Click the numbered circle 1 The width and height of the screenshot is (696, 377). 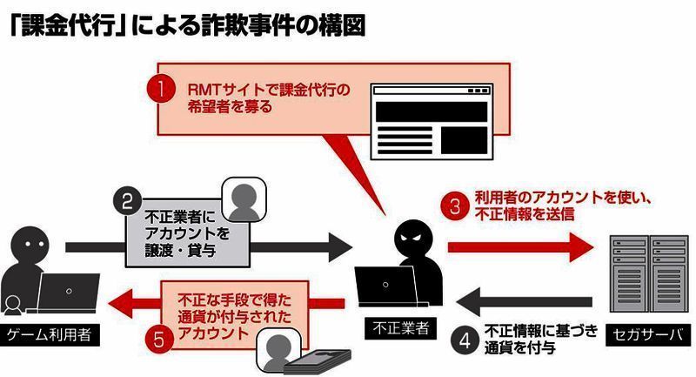point(160,89)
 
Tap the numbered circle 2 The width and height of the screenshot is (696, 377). point(127,202)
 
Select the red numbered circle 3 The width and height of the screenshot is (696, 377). point(454,206)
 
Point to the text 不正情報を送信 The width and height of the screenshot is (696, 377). point(524,212)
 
